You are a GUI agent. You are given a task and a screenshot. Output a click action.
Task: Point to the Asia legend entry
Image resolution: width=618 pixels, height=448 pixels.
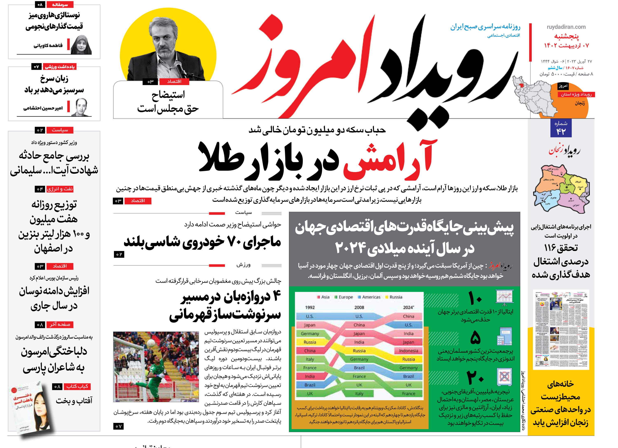coord(323,297)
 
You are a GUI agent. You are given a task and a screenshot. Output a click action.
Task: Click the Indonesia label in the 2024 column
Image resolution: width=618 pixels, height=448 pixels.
coord(408,351)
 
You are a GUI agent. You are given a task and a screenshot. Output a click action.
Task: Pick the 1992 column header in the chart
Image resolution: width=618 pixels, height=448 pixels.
coord(310,307)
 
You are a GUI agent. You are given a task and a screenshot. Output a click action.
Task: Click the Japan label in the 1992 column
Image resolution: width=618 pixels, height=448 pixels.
coord(310,325)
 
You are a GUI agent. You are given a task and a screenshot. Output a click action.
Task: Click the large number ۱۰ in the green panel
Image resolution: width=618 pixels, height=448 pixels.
coord(475,298)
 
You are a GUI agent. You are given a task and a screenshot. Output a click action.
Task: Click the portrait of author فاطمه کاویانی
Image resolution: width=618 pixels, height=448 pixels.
coord(81,45)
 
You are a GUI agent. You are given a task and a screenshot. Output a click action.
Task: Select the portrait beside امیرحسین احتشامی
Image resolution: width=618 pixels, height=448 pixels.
coord(81,108)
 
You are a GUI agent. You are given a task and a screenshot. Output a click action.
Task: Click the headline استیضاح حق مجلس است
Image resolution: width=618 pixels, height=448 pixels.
coord(168,102)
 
